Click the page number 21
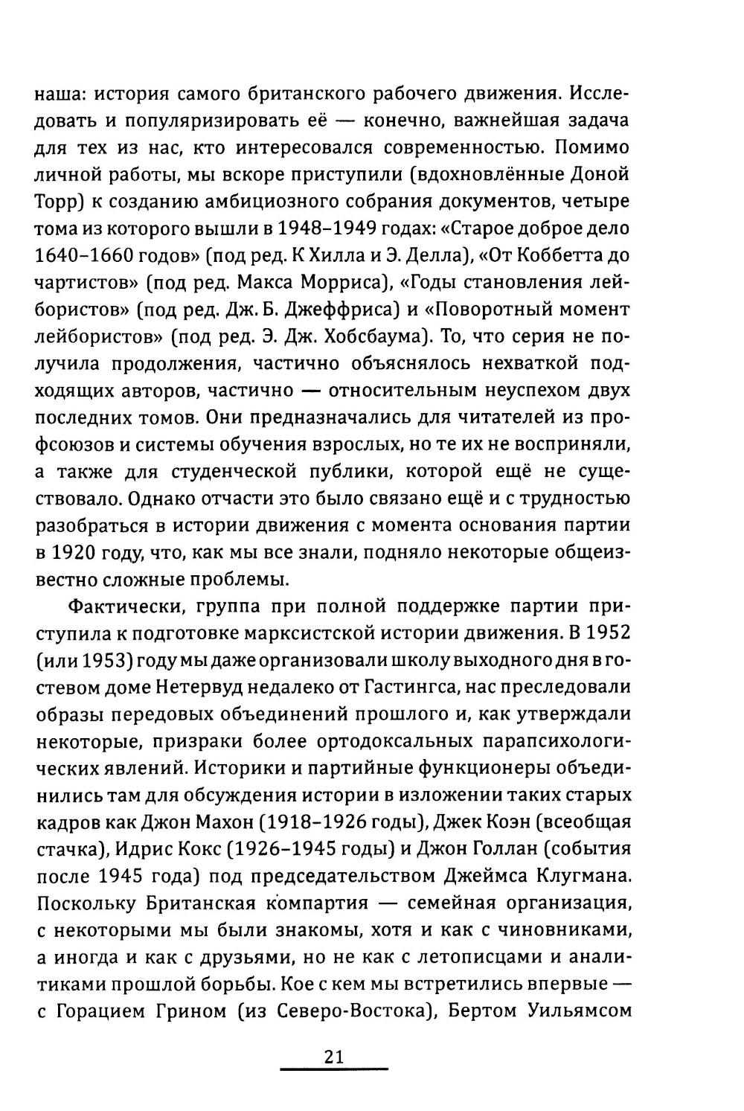click(x=333, y=1057)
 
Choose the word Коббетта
click(x=559, y=255)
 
